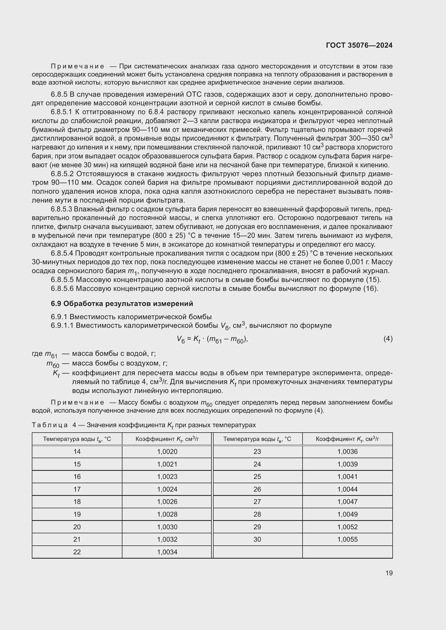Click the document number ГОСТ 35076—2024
click(359, 45)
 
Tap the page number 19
click(389, 573)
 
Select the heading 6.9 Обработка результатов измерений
click(122, 304)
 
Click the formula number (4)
click(388, 339)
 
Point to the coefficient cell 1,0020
click(167, 451)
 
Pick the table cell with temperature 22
click(77, 552)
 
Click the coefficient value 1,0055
click(347, 539)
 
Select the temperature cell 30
click(257, 539)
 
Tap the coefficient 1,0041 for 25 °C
click(347, 476)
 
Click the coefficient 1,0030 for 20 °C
click(167, 527)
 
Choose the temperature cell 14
click(77, 451)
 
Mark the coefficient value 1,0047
click(347, 502)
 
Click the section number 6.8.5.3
click(61, 209)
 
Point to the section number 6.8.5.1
click(61, 112)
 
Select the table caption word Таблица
click(50, 425)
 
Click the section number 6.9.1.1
click(62, 325)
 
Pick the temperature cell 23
click(257, 451)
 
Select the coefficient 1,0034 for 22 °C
click(167, 552)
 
